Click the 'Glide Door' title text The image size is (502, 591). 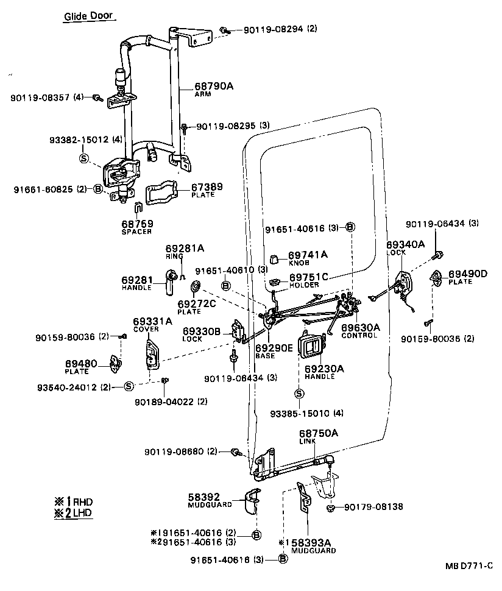tap(88, 16)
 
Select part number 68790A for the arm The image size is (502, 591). tap(214, 86)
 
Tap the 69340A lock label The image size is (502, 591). tap(405, 245)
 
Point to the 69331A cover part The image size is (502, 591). tap(151, 355)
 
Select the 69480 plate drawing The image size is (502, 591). tap(116, 364)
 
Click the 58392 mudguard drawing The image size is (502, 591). tap(251, 501)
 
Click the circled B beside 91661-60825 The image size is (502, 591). tap(97, 189)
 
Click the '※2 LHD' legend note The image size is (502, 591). tap(74, 513)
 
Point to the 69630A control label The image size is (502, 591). tap(361, 328)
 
